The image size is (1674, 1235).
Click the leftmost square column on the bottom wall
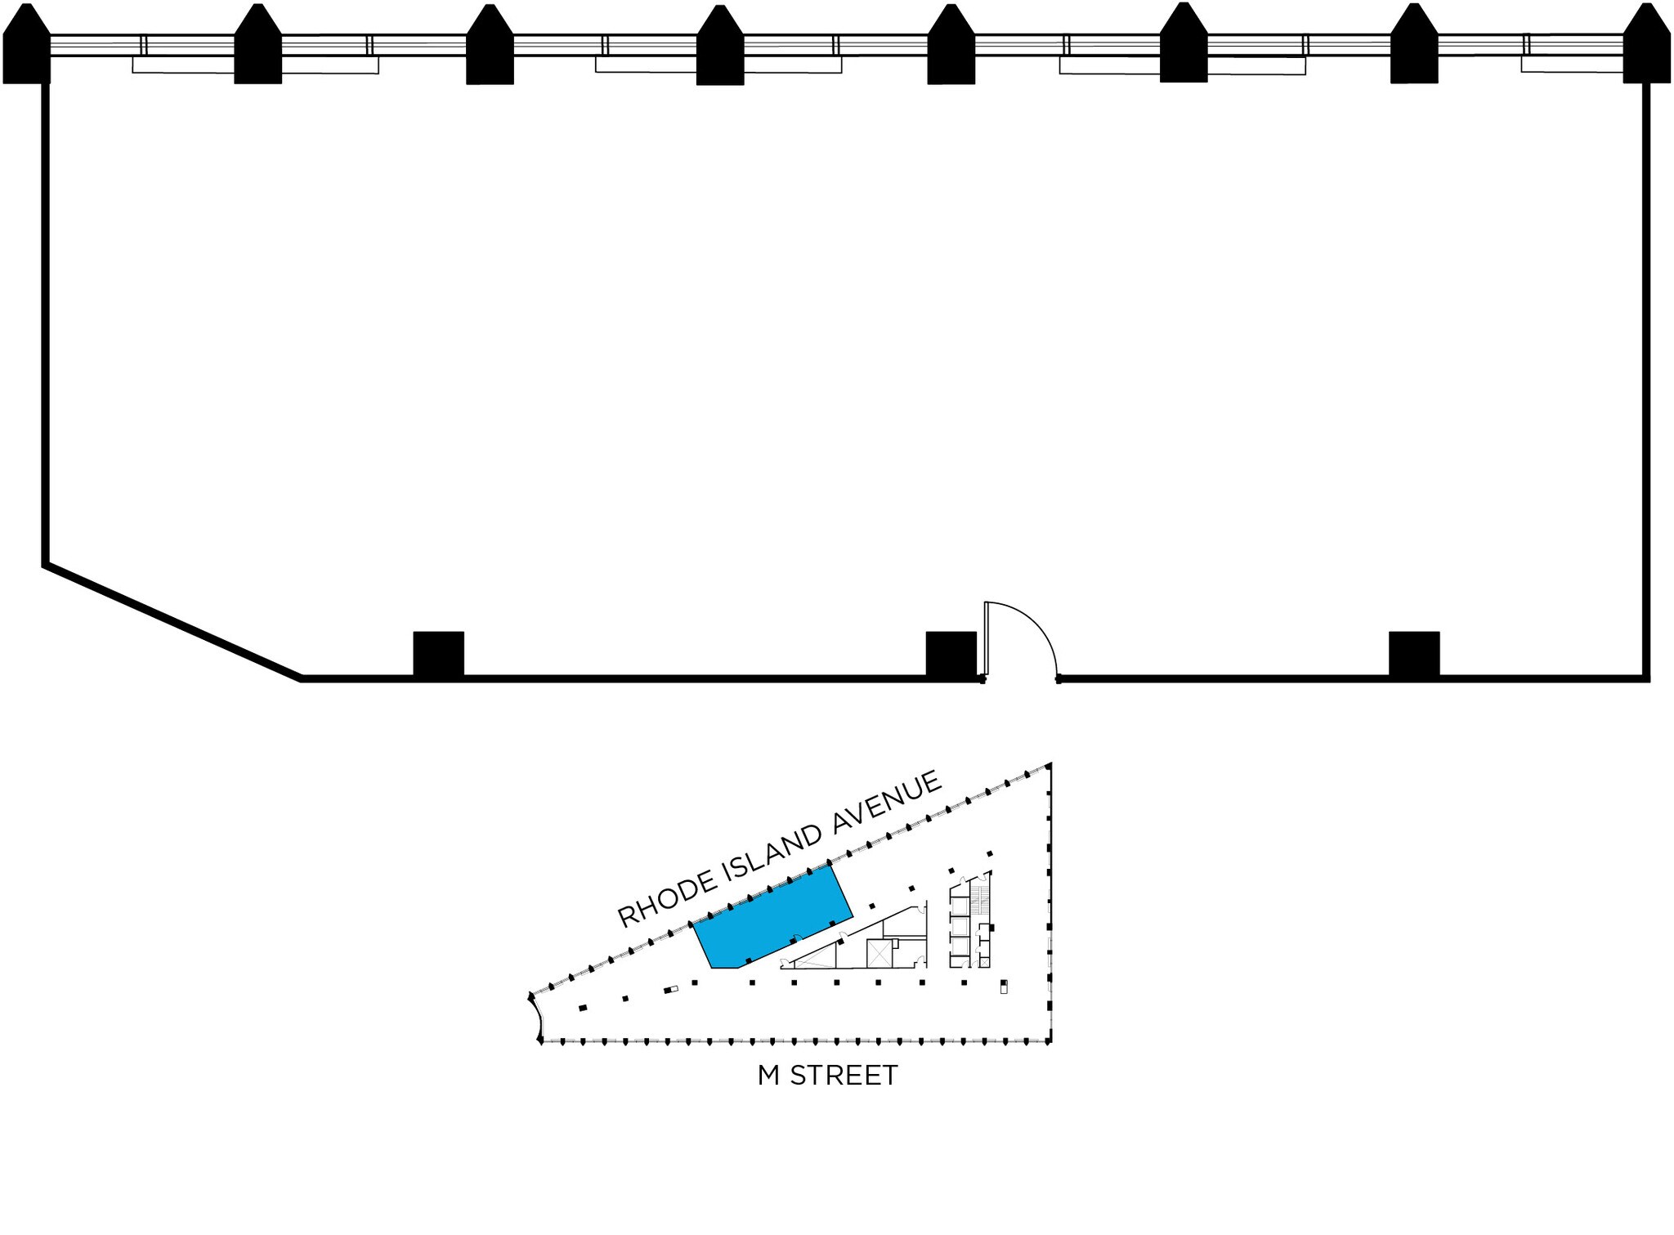tap(438, 654)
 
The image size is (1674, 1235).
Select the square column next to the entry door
tap(951, 654)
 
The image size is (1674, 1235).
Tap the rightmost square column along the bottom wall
tap(1414, 654)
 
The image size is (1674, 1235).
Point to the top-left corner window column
tap(27, 49)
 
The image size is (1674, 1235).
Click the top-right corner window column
tap(1646, 49)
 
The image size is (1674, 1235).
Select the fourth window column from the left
tap(719, 51)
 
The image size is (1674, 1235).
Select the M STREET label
tap(827, 1076)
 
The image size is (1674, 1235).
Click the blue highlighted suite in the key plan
tap(772, 920)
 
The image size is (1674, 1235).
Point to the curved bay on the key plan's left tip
tap(535, 1018)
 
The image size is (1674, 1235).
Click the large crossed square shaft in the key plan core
tap(879, 954)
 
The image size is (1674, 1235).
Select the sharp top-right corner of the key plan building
tap(1049, 767)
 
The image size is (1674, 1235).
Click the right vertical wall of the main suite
tap(1646, 376)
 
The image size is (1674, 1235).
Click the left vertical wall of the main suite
tap(46, 327)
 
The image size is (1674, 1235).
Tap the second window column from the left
tap(257, 49)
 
